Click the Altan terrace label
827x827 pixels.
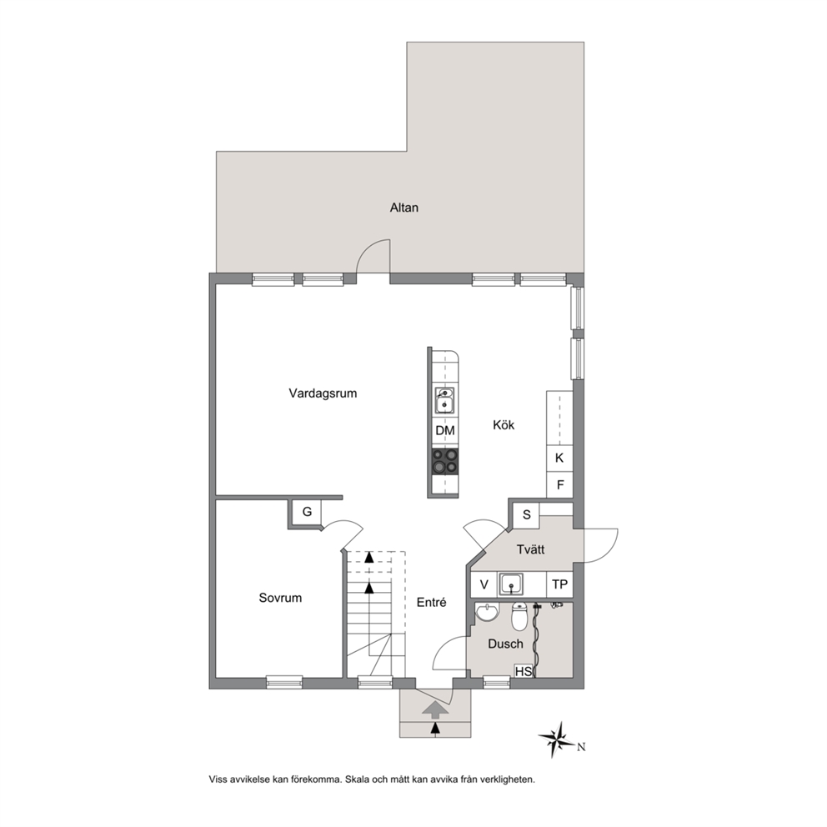coord(404,208)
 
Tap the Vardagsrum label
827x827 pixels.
coord(323,393)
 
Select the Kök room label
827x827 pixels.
coord(504,424)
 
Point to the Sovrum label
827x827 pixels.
coord(280,598)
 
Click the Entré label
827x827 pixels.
coord(432,602)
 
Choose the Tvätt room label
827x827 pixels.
coord(530,549)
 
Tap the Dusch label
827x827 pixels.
coord(505,644)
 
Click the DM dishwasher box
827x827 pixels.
coord(445,431)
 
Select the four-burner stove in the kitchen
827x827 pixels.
coord(445,461)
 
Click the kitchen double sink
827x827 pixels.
coord(445,400)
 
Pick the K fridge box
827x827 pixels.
coord(559,459)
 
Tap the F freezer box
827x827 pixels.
coord(559,484)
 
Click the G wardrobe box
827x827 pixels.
coord(307,512)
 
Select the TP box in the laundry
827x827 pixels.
coord(559,584)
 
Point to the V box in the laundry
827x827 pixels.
coord(484,584)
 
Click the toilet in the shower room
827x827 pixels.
coord(519,616)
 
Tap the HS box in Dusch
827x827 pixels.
coord(524,671)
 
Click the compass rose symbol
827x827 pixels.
coord(557,739)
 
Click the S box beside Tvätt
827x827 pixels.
coord(526,515)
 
